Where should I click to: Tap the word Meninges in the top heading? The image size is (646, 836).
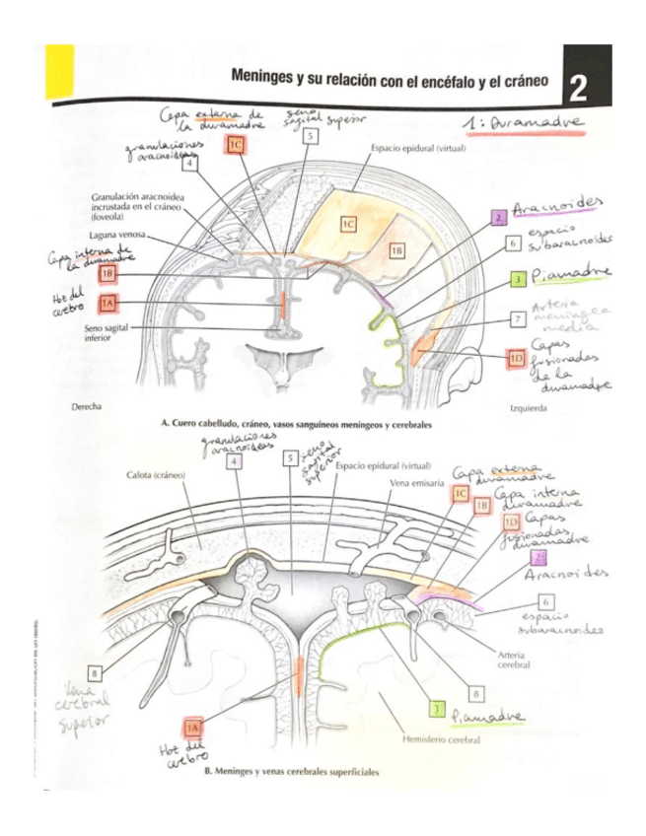coord(265,76)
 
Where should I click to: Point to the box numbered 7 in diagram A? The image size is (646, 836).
coord(517,319)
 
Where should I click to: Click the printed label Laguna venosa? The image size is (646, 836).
coord(116,237)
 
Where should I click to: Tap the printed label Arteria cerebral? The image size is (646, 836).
coord(508,659)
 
